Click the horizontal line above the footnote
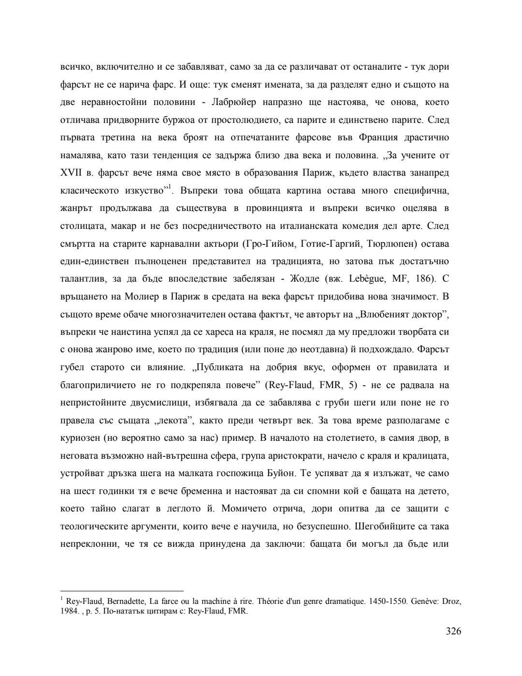(122, 591)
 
